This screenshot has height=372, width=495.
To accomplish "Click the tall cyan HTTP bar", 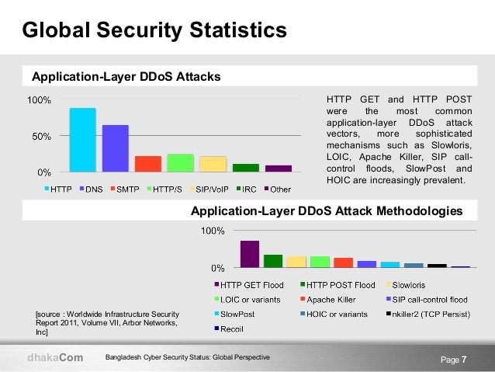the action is [83, 140].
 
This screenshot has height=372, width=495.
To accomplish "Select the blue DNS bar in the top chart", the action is [116, 148].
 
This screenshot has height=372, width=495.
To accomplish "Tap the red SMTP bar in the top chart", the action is [148, 164].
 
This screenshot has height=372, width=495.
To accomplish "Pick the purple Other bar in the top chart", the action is [279, 169].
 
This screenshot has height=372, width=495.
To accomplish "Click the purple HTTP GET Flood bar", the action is [250, 254].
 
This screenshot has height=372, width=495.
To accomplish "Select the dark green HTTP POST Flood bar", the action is [273, 261].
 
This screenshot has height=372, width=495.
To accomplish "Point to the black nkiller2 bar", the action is [437, 266].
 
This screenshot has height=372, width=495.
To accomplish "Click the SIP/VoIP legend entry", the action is [209, 189].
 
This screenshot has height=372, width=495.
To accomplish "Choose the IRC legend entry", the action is [246, 189].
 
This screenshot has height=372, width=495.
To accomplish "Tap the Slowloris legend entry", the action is [406, 285].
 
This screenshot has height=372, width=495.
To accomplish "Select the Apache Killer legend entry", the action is [328, 300].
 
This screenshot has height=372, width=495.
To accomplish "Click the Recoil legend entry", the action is [229, 329].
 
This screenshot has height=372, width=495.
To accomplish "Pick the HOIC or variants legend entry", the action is [334, 315].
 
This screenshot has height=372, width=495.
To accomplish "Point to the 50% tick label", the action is [41, 137].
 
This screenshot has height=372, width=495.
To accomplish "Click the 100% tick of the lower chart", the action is [213, 231].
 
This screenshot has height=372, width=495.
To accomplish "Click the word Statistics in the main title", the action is [238, 30].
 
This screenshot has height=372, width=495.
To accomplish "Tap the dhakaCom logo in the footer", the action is [55, 357].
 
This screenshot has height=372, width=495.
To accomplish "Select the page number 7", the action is [464, 360].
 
